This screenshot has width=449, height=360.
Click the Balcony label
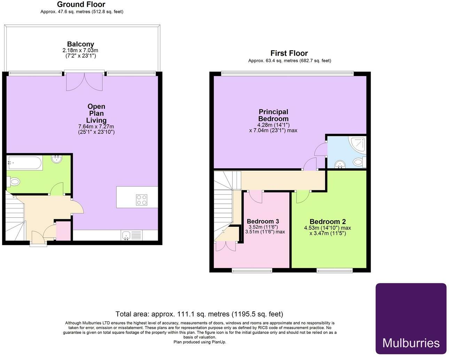pos(80,44)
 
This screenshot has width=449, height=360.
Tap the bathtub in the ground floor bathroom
pos(25,163)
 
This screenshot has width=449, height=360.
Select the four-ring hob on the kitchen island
pos(141,200)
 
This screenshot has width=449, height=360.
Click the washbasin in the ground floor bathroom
pos(56,159)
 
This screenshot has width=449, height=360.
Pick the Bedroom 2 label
pos(327,222)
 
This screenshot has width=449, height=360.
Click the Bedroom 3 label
pos(263,221)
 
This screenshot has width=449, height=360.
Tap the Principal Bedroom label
pos(273,115)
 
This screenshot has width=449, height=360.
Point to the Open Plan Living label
pos(96,113)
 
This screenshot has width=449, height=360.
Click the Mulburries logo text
pos(411,343)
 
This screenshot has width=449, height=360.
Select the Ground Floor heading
pos(81,5)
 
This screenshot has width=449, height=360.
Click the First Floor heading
pos(289,53)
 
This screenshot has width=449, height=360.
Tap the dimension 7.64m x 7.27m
pos(96,127)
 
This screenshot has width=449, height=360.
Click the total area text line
pos(199,314)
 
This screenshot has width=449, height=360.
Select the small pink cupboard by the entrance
pos(63,231)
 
